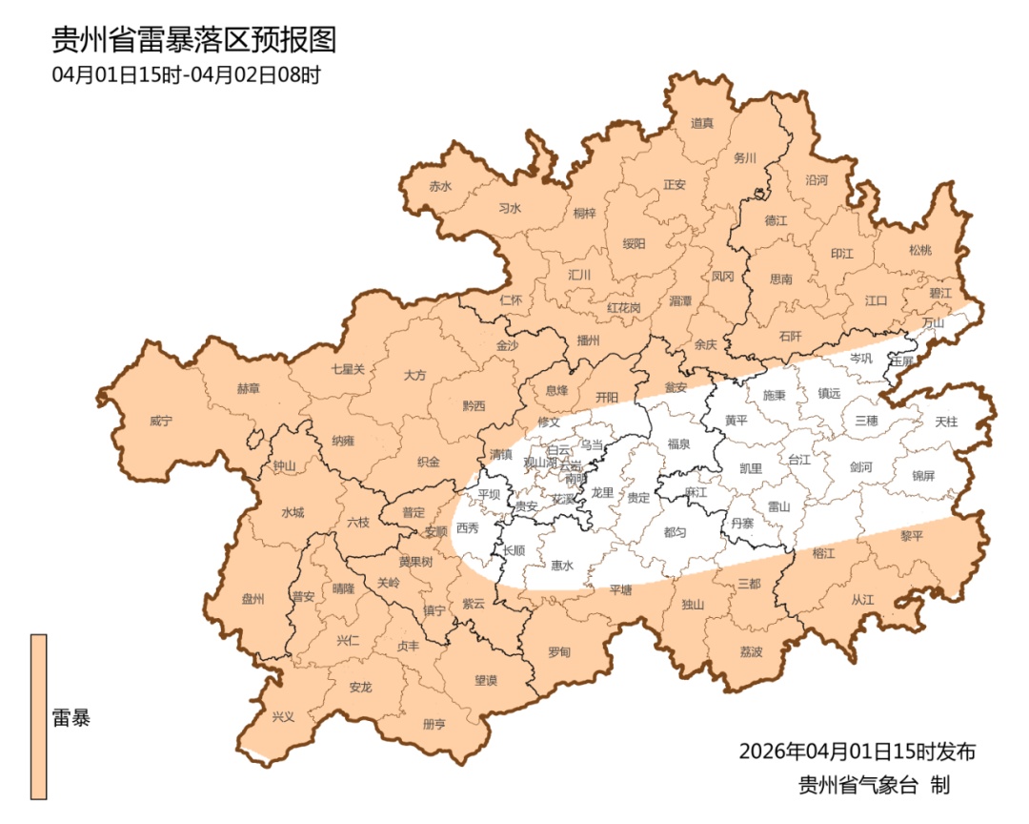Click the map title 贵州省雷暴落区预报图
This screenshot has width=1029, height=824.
193,41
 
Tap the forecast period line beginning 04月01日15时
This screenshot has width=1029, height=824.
186,74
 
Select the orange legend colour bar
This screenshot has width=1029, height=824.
38,716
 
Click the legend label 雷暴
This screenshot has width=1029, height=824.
71,718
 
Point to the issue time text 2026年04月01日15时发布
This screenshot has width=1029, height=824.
857,752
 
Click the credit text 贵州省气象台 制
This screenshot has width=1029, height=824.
874,786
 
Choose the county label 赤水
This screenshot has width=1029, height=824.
440,187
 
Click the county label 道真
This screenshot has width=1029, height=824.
702,123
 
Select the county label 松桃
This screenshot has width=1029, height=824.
919,251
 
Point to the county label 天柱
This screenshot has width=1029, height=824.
946,421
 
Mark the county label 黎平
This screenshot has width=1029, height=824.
913,536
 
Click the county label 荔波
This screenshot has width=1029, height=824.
751,651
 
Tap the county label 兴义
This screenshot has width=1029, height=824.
284,716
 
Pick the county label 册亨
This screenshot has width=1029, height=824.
434,724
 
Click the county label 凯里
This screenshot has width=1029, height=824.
751,468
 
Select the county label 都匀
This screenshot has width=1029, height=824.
675,532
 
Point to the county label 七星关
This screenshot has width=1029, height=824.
348,369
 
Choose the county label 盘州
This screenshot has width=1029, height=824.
252,599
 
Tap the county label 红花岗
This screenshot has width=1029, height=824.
624,308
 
